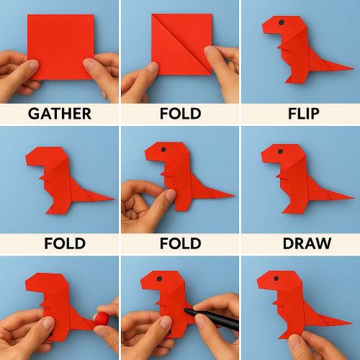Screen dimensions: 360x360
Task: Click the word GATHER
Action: [x=60, y=113]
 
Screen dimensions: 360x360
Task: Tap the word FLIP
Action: [x=300, y=113]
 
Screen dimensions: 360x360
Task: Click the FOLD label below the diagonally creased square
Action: [x=179, y=113]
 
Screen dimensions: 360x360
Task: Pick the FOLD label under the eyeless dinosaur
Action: [x=65, y=243]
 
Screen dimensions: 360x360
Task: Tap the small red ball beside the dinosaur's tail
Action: [x=105, y=317]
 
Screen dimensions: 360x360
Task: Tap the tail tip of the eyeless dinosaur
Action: [x=114, y=197]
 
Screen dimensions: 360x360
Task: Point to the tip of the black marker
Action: [x=186, y=310]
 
